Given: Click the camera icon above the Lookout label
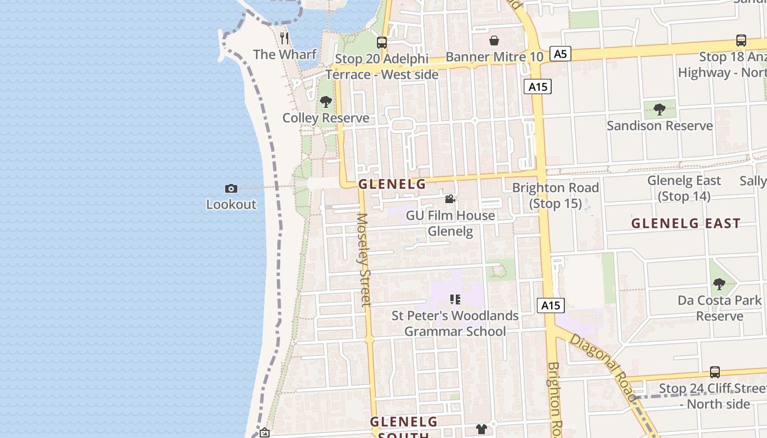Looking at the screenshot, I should pos(231,189).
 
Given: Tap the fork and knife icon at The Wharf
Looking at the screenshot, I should pos(284,38).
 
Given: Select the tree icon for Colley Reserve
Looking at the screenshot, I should pos(326,102).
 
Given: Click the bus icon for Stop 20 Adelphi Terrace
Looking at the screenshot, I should pos(382,42).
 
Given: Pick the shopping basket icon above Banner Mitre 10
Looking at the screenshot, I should pos(494,41).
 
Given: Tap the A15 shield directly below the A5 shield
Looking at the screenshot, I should pos(537,87).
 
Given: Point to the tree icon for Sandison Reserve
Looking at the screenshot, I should pos(660,109).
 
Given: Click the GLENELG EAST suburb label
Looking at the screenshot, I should pos(686,223).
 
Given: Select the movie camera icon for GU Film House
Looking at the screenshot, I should pos(450,199).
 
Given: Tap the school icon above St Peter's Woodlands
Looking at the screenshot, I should pos(455,299).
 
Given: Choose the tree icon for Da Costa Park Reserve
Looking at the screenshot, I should pos(719,284).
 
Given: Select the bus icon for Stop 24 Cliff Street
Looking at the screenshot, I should pos(715,372).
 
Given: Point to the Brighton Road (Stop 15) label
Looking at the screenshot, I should pos(556,195).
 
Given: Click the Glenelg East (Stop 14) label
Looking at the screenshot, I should pos(684,188).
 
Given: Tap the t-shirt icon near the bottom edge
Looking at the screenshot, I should pos(482,429).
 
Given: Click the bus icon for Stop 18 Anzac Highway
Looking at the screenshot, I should pos(741,41).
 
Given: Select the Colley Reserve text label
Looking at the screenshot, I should pos(325,118).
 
